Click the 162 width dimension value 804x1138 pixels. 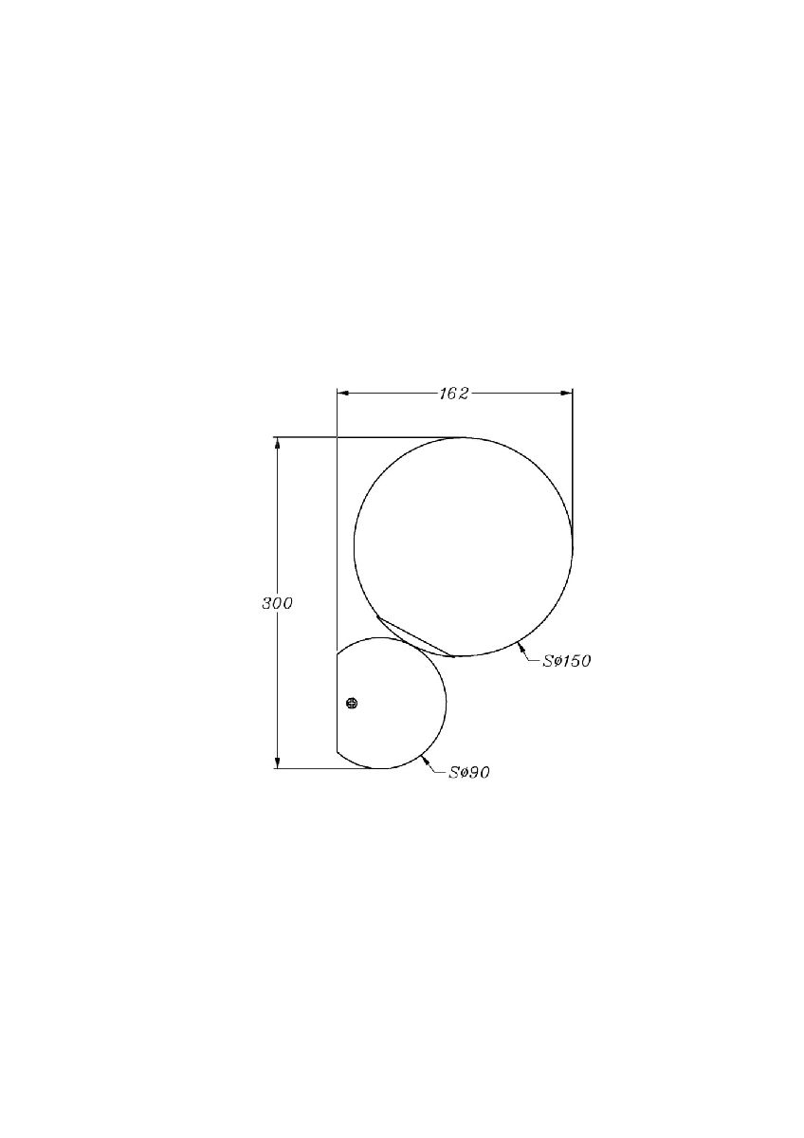click(454, 394)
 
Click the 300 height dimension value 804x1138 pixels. click(277, 603)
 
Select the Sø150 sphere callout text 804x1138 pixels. click(567, 661)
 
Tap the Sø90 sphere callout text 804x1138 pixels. click(469, 787)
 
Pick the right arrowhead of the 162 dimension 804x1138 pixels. click(566, 393)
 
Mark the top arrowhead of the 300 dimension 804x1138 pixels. click(277, 444)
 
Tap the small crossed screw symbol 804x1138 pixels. click(352, 703)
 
